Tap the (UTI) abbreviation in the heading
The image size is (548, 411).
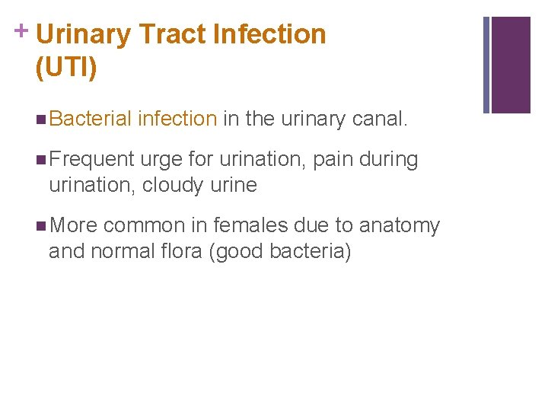pos(66,68)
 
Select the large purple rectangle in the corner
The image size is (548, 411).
pos(511,65)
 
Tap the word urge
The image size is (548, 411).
pos(158,160)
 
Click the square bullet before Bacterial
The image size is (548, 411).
pos(40,119)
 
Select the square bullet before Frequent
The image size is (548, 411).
pos(40,161)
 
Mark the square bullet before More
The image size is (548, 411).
pos(40,227)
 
